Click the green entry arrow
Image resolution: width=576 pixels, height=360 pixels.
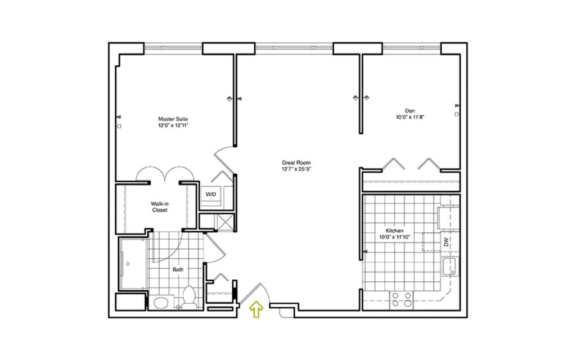coord(256,309)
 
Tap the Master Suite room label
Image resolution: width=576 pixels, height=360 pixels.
coord(173,119)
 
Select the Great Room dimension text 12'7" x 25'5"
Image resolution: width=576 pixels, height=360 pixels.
coord(296,169)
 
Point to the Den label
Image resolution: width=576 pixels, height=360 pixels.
coord(410,111)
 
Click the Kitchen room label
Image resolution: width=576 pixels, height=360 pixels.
coord(394,231)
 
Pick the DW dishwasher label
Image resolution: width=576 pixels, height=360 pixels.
coord(446,242)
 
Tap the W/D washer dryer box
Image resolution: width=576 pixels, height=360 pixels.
coord(211,194)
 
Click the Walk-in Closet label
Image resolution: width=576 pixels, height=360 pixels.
coord(160,207)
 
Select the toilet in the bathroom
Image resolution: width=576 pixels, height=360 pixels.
coord(190,298)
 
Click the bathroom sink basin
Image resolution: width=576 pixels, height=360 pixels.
coord(160,303)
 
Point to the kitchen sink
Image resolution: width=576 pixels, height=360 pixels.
coord(449,266)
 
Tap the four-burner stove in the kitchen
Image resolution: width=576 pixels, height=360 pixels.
coord(402,300)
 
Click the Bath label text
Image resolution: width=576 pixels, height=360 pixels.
coord(178,269)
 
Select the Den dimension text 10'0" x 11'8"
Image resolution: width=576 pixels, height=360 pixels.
coord(410,118)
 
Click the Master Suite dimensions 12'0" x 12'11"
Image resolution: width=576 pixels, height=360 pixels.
coord(173,125)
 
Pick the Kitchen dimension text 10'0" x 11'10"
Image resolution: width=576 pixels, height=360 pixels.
coord(394,237)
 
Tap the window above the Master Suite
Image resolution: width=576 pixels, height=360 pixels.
coord(173,48)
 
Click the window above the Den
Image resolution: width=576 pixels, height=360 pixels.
coord(412,48)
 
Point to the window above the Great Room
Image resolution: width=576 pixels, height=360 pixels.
coord(294,48)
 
